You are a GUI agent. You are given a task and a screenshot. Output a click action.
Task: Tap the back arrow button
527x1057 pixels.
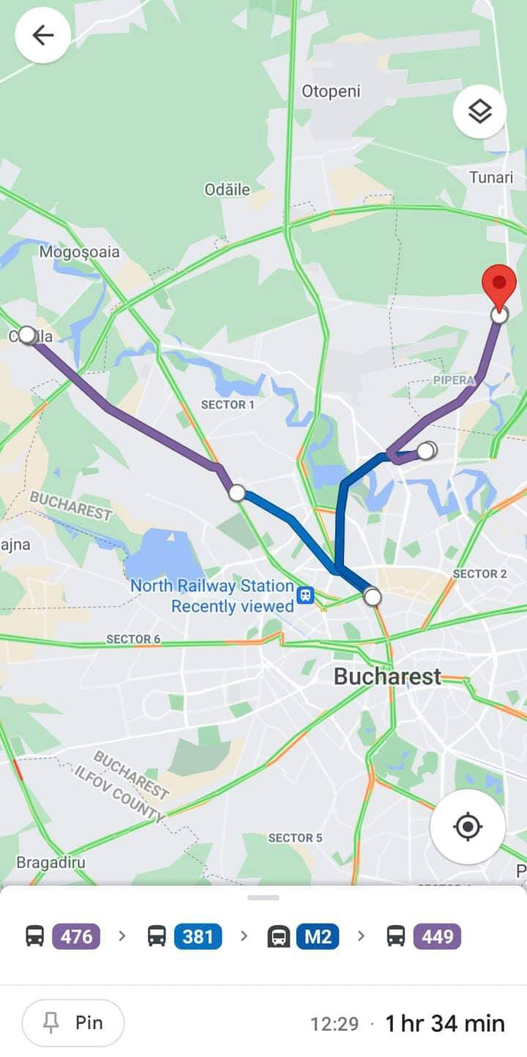tap(42, 35)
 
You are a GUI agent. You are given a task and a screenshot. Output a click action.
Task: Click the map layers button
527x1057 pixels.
tap(479, 112)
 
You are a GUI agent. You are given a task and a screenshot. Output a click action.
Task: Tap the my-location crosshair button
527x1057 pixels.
tap(468, 826)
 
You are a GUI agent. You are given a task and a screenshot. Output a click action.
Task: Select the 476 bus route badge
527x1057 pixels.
tap(76, 936)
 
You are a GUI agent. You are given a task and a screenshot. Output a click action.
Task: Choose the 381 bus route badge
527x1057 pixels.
tap(198, 936)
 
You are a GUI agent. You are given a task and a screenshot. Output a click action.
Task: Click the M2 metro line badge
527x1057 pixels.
tap(318, 936)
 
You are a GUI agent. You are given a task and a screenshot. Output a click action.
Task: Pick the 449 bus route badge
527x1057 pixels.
tap(437, 936)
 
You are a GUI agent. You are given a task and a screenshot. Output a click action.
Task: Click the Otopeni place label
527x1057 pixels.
tap(331, 91)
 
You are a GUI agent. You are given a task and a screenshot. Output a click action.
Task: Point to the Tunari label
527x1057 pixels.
tap(491, 177)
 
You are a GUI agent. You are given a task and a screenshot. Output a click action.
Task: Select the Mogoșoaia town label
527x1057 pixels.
tap(79, 253)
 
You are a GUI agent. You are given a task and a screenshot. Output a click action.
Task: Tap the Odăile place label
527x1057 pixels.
tap(227, 190)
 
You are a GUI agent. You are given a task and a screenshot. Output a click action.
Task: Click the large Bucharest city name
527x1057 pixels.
tap(387, 676)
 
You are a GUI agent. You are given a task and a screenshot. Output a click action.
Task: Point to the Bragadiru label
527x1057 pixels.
tap(51, 862)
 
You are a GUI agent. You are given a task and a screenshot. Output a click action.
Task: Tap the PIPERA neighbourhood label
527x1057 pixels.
tap(454, 381)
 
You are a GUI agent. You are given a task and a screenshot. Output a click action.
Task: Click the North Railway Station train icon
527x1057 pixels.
tap(306, 595)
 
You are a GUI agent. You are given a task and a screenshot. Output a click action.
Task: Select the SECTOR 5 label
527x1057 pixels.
tap(295, 837)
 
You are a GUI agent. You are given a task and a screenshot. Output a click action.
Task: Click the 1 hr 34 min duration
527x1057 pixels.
tap(445, 1023)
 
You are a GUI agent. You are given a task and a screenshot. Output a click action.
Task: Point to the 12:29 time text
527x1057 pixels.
tap(334, 1023)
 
